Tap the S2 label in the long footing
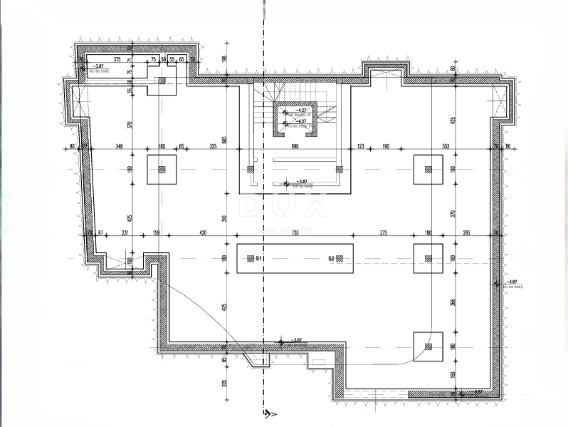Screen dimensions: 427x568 pyautogui.click(x=332, y=259)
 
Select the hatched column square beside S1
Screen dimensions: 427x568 pyautogui.click(x=249, y=259)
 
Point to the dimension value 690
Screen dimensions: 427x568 pyautogui.click(x=295, y=145)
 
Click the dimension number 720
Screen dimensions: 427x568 pyautogui.click(x=295, y=232)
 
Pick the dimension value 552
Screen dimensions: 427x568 pyautogui.click(x=446, y=145)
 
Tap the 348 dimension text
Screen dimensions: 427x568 pyautogui.click(x=120, y=145)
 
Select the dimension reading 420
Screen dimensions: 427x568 pyautogui.click(x=203, y=232)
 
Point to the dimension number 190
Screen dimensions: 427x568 pyautogui.click(x=386, y=145)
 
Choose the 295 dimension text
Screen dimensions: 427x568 pyautogui.click(x=467, y=232)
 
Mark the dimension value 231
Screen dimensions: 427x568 pyautogui.click(x=125, y=232)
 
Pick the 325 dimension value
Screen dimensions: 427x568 pyautogui.click(x=213, y=145)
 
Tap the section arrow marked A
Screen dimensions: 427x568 pyautogui.click(x=268, y=415)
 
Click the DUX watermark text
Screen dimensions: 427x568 pyautogui.click(x=284, y=206)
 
